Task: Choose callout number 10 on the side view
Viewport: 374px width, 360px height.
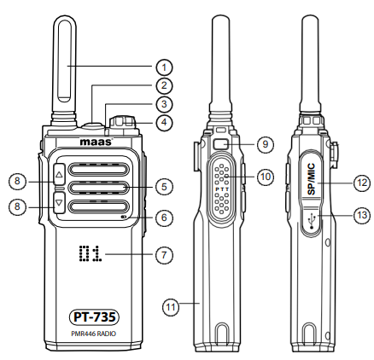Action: point(265,177)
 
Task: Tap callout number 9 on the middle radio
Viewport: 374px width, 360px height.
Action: point(265,142)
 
